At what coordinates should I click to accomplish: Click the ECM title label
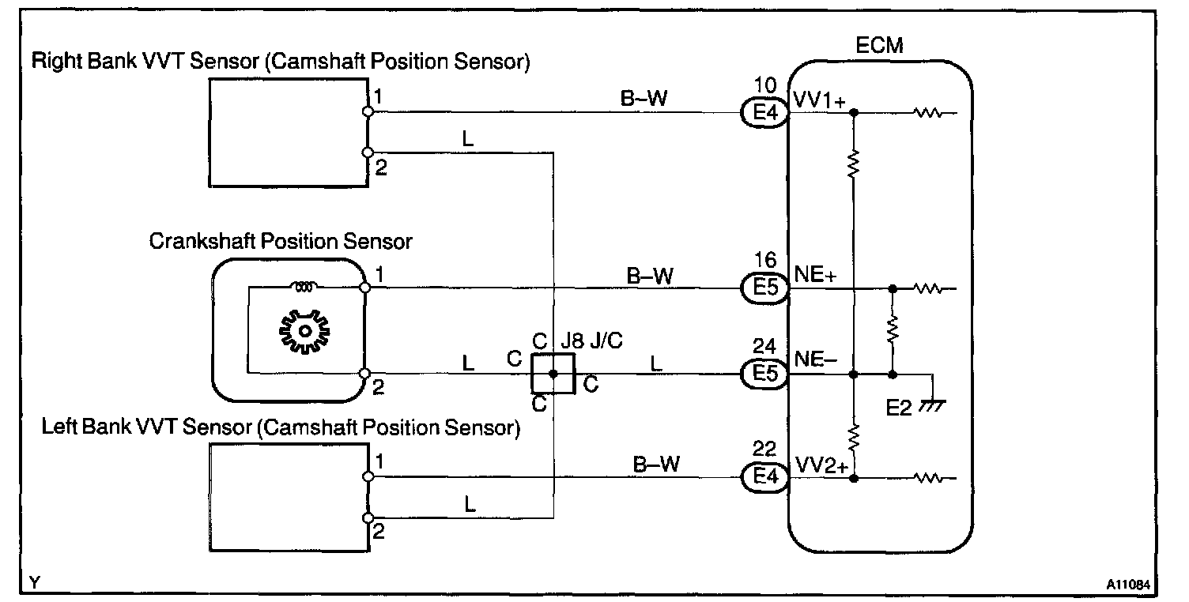[x=879, y=45]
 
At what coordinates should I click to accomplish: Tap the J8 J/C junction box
[x=553, y=374]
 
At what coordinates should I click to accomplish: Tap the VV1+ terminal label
[x=820, y=103]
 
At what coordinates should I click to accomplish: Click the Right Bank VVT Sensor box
[x=289, y=132]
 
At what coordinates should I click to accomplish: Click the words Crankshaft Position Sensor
[x=281, y=241]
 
